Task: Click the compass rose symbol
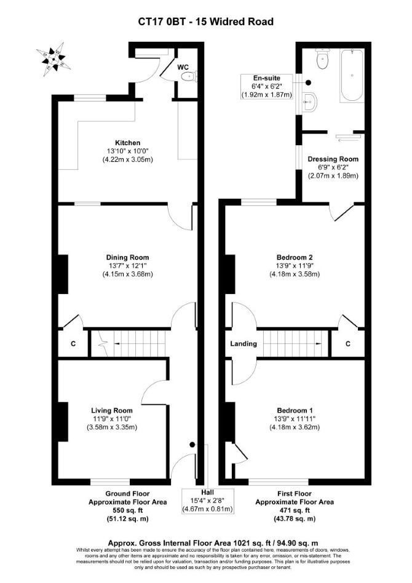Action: (x=52, y=59)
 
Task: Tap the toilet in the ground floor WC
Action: (x=188, y=77)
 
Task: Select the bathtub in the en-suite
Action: (x=352, y=74)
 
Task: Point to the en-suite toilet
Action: (x=322, y=59)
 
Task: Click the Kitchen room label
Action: (x=127, y=143)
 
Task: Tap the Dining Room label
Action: (x=127, y=257)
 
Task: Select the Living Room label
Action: (x=112, y=410)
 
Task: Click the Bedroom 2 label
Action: (x=295, y=257)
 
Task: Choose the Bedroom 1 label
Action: (x=295, y=410)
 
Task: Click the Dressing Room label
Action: (x=333, y=159)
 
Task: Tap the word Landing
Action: (x=244, y=344)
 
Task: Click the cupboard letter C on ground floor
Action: (x=73, y=344)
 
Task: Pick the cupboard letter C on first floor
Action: (x=347, y=344)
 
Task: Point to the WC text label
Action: (x=183, y=67)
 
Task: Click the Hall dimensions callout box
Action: (x=207, y=501)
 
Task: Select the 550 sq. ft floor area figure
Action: (x=127, y=510)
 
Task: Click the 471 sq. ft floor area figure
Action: (x=295, y=510)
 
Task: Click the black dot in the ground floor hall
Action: (x=192, y=444)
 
